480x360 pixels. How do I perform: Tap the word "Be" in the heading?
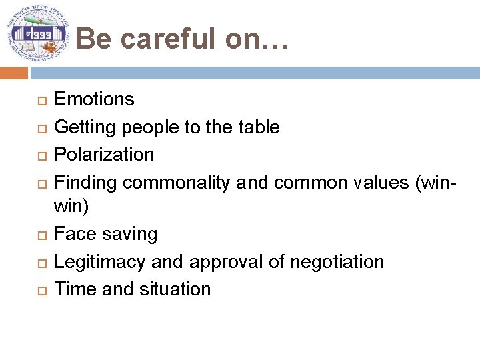(93, 39)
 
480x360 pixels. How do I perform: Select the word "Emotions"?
(94, 99)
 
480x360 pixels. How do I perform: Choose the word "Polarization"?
(104, 154)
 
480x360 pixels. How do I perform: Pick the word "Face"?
(73, 234)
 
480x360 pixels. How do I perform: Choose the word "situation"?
(175, 289)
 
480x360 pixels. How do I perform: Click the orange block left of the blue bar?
(14, 73)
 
